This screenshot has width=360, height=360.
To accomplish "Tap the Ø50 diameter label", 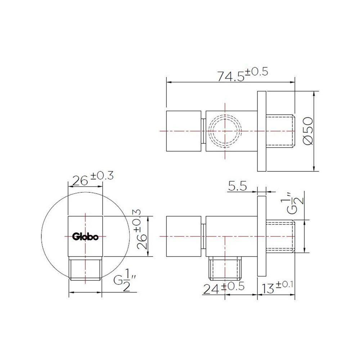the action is tap(308, 131).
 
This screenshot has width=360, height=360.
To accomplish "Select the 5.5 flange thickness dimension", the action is tap(237, 186).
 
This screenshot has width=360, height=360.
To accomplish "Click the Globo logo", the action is tap(85, 237).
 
